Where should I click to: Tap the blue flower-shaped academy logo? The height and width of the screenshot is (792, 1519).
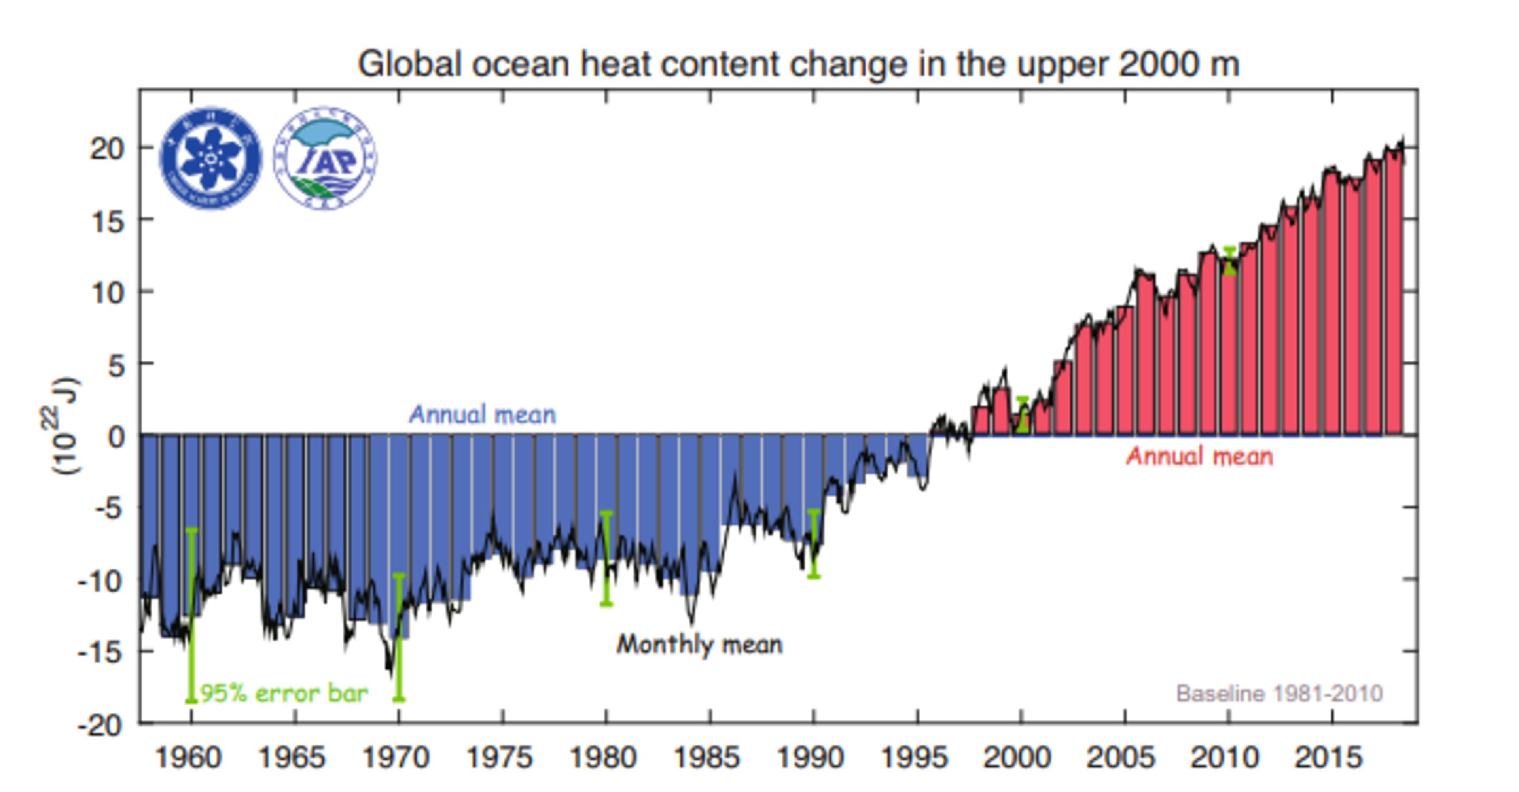pyautogui.click(x=210, y=158)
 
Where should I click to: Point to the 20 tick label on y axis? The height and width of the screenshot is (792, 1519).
pyautogui.click(x=108, y=149)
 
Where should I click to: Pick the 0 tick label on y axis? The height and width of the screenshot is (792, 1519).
pyautogui.click(x=117, y=437)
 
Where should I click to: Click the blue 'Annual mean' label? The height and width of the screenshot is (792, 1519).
pyautogui.click(x=482, y=415)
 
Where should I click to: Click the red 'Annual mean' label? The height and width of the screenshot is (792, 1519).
pyautogui.click(x=1199, y=457)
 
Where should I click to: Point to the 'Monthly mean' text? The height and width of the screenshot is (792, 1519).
pyautogui.click(x=699, y=645)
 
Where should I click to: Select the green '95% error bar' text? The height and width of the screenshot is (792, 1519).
pyautogui.click(x=284, y=694)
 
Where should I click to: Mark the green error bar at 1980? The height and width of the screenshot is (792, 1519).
pyautogui.click(x=606, y=558)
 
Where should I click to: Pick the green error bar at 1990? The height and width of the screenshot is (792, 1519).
pyautogui.click(x=814, y=543)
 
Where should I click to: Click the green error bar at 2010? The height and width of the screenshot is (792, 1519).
pyautogui.click(x=1229, y=261)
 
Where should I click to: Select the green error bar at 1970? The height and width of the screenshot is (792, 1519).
pyautogui.click(x=399, y=637)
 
